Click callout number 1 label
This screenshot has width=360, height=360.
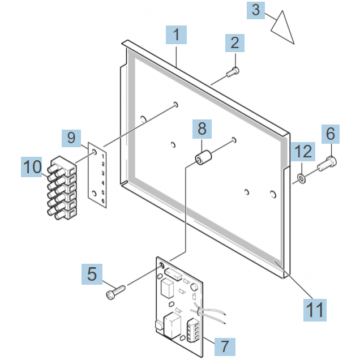(177, 36)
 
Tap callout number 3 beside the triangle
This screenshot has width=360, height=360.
(256, 10)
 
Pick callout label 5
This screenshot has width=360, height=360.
(92, 275)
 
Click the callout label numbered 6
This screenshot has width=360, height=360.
(331, 135)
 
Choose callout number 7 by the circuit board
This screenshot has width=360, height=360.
(225, 345)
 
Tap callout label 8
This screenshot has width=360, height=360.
(202, 130)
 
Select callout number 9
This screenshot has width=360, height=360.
(71, 138)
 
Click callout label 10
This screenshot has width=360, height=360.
(33, 167)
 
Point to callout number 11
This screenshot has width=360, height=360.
(315, 309)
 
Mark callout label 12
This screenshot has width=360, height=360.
(303, 152)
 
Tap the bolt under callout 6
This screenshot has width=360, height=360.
(327, 165)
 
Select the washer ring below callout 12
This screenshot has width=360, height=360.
(301, 179)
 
